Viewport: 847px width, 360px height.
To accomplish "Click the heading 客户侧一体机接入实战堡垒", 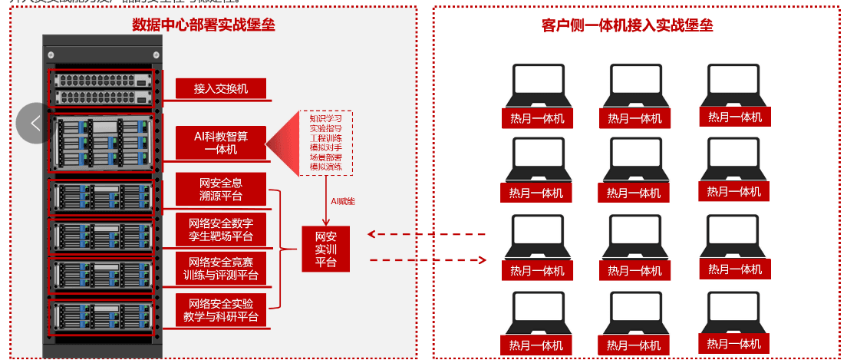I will (627, 25).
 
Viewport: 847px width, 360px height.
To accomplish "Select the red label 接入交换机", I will (221, 88).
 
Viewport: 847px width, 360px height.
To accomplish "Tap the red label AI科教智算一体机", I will (221, 142).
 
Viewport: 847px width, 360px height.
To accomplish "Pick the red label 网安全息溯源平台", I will (221, 190).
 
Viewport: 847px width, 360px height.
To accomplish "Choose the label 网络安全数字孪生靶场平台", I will (221, 230).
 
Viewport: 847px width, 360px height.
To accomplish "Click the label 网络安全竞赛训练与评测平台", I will (221, 268).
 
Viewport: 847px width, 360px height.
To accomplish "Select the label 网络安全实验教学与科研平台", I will (221, 309).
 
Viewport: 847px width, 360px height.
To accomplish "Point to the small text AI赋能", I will (343, 201).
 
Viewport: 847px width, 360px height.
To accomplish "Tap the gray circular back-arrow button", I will (35, 123).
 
